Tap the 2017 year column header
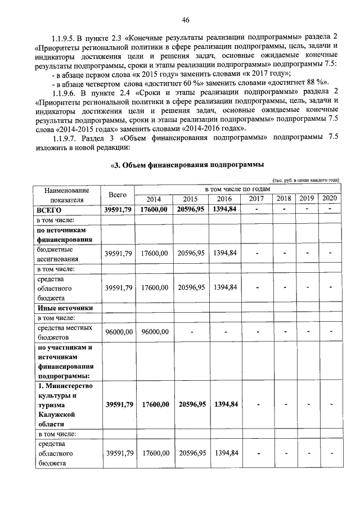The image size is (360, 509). tap(256, 199)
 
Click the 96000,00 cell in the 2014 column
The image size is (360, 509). tap(154, 332)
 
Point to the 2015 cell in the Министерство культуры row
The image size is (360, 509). tap(191, 404)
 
